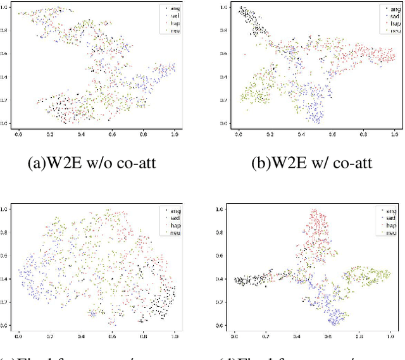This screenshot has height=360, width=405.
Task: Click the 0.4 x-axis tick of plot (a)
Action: tap(80, 134)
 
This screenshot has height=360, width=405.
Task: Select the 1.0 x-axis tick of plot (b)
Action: tap(394, 135)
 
